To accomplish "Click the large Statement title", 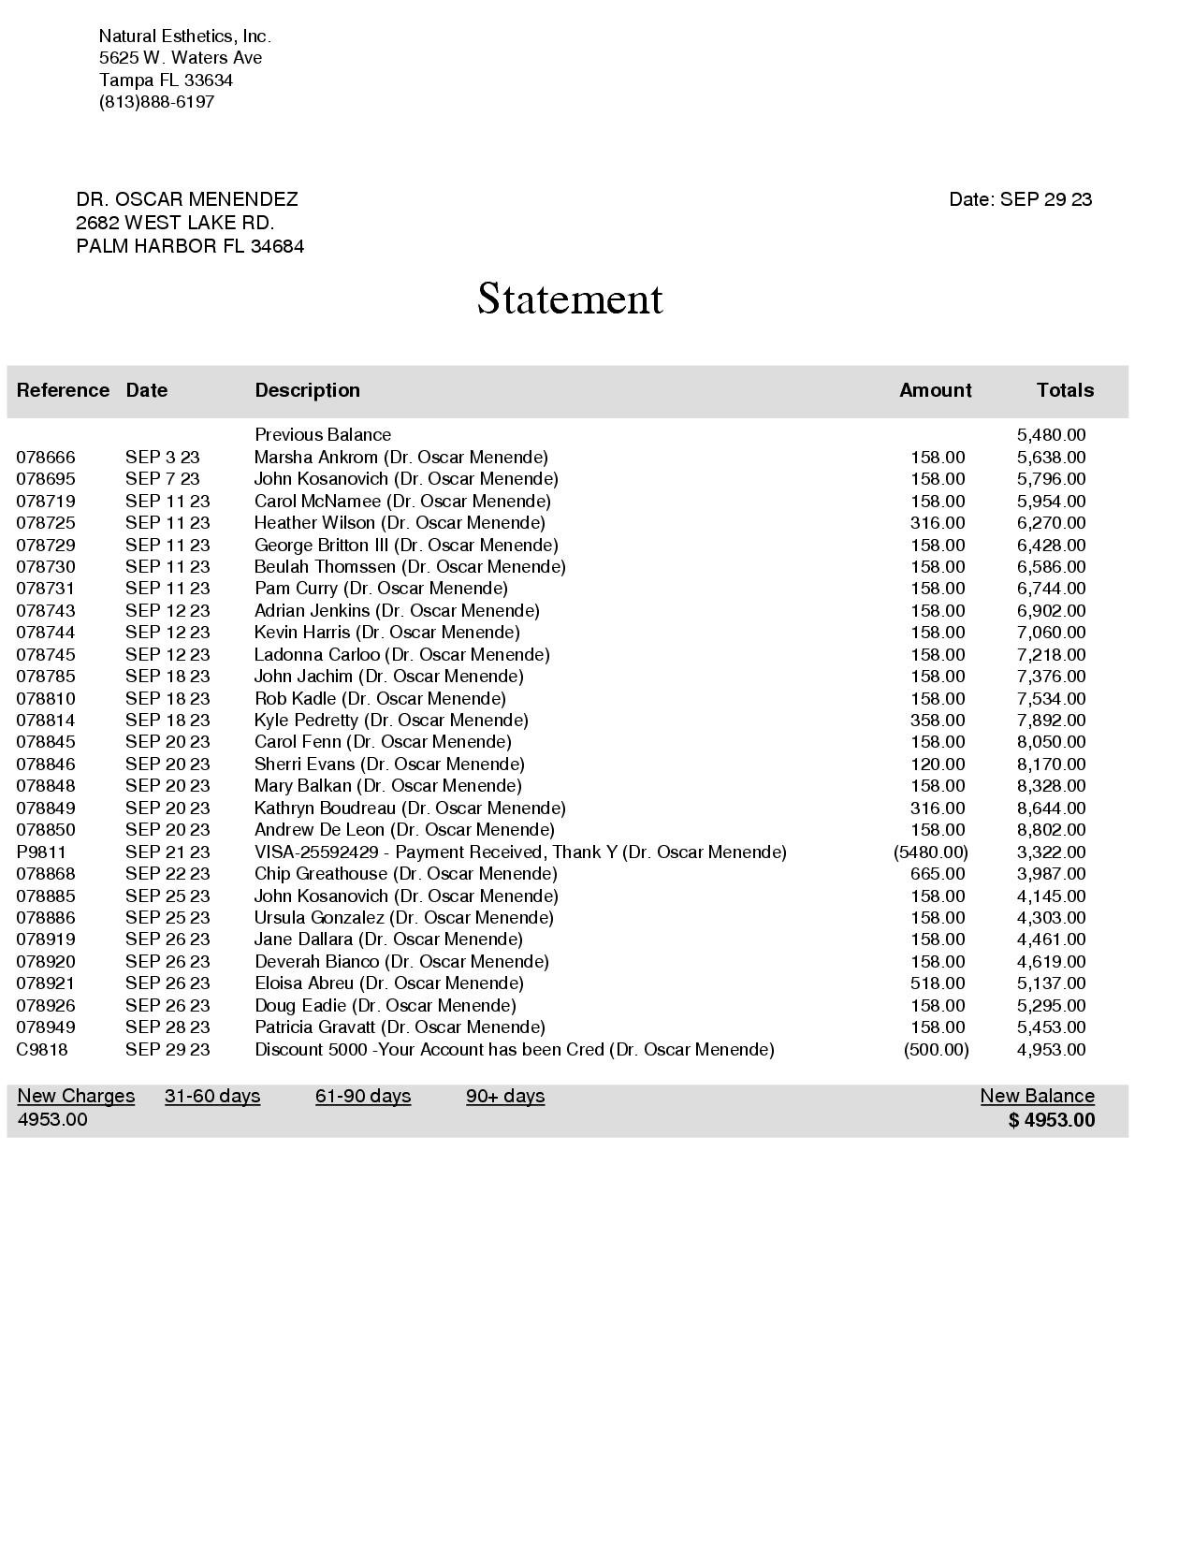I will [x=570, y=299].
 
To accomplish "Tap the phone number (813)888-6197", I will [x=156, y=102].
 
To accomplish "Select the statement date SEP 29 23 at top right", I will [x=1045, y=199].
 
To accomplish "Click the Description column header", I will [x=307, y=390].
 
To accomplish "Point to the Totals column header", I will [x=1064, y=390].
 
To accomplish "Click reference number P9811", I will [x=41, y=852].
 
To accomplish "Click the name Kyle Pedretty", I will [x=306, y=721].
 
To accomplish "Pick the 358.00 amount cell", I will [x=937, y=721].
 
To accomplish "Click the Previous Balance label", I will [x=323, y=435].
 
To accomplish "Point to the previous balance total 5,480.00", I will [x=1051, y=435].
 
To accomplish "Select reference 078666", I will [x=46, y=458].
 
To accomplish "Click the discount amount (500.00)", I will [x=936, y=1050].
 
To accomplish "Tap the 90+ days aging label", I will [x=505, y=1097].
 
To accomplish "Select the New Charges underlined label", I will [x=76, y=1097].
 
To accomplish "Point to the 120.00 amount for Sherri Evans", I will [x=937, y=765].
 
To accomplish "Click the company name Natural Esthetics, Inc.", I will [x=184, y=36].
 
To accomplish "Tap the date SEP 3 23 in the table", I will [x=162, y=458].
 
